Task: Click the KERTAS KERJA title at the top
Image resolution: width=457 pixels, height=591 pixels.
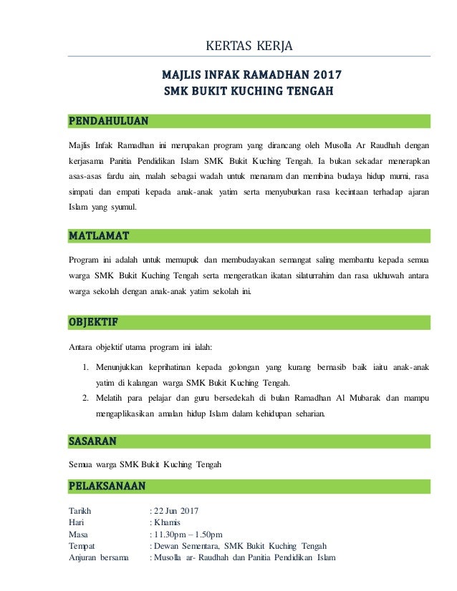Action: pos(249,47)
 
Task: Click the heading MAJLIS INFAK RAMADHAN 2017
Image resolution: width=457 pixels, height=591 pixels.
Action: pos(251,75)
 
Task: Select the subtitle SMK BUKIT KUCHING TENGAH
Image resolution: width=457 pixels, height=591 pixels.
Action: pos(249,92)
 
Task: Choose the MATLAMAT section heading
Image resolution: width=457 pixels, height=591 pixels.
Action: pos(99,235)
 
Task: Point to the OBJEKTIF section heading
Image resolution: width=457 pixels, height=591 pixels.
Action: pos(94,321)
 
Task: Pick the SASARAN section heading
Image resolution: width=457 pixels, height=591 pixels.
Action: pos(92,439)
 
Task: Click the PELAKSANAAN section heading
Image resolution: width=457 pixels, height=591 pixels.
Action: pos(107,487)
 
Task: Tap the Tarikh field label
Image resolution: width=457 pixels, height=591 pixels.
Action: pos(80,511)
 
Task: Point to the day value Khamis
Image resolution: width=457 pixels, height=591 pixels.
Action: pos(166,522)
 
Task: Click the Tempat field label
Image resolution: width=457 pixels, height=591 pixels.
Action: pos(82,546)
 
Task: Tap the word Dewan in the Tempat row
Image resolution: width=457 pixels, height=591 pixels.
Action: pos(167,546)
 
